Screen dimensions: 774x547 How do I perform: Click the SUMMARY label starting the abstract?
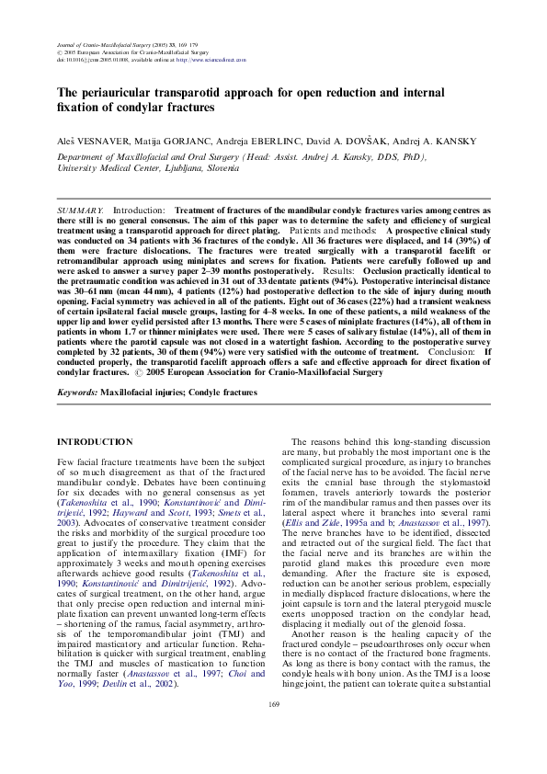coord(80,211)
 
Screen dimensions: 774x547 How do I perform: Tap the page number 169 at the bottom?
coord(273,730)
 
